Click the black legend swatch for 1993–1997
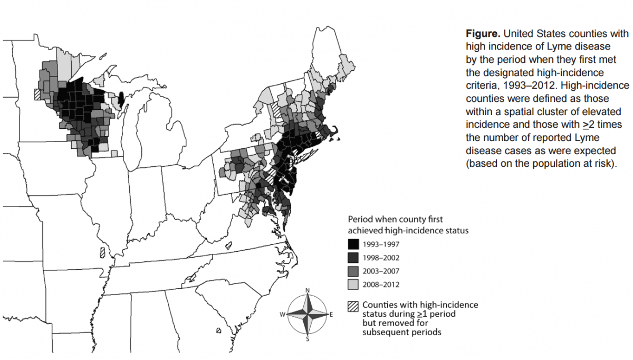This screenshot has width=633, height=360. click(x=353, y=244)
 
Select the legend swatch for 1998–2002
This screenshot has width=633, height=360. click(x=353, y=258)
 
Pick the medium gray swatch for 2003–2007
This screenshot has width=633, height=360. click(x=353, y=271)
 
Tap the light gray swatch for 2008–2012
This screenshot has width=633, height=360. click(x=353, y=285)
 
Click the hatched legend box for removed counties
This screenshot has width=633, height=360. click(x=353, y=306)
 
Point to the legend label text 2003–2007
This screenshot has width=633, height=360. click(x=381, y=271)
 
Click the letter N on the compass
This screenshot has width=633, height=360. click(x=308, y=290)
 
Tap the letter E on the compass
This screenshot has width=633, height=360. click(x=331, y=315)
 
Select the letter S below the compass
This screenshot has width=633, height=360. click(x=308, y=339)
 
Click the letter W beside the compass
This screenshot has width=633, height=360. click(x=283, y=315)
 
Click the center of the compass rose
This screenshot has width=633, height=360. click(x=308, y=315)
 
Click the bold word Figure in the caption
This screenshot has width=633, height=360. click(x=482, y=34)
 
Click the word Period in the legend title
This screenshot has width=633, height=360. click(x=360, y=219)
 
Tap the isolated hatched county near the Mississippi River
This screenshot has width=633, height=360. click(x=102, y=252)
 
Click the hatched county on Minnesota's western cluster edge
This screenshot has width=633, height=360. click(x=36, y=94)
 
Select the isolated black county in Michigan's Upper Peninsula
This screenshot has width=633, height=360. click(x=120, y=98)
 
